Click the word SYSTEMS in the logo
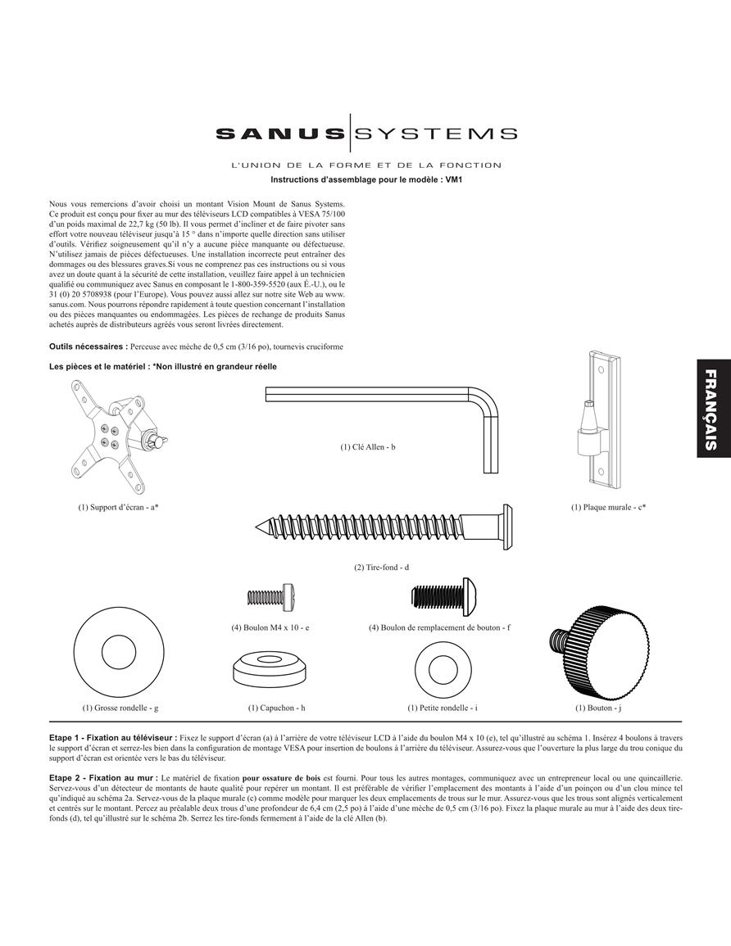(x=434, y=134)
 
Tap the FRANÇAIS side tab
(x=711, y=409)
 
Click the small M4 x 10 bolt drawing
(x=272, y=597)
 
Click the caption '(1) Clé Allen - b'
(x=368, y=447)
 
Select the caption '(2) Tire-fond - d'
(x=382, y=568)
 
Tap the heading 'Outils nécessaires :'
(x=89, y=347)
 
